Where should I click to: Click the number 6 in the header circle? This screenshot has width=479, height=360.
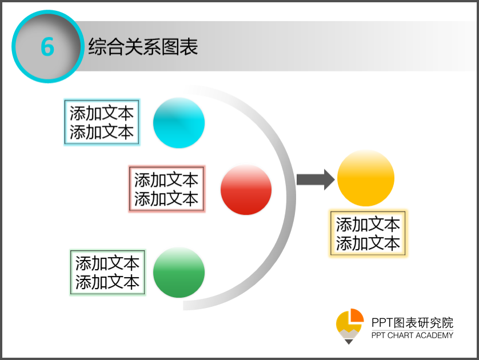47,47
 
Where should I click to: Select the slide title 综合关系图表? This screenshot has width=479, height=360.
143,47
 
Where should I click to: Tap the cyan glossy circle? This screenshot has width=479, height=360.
179,123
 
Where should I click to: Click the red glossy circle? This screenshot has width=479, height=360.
246,190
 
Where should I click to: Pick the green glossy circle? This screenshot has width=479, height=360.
179,273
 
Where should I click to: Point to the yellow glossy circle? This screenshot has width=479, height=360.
366,178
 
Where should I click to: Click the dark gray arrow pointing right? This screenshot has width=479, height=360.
316,179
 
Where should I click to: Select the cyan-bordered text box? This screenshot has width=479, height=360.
102,122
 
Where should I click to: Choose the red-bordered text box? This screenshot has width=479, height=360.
166,189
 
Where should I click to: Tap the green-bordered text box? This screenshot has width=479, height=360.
107,273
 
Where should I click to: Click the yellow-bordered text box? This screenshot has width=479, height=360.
368,234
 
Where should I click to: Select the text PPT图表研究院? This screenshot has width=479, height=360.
412,323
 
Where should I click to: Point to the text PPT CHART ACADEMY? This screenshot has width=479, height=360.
412,335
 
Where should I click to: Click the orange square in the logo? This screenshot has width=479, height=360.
357,315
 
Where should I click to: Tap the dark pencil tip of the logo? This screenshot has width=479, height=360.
349,342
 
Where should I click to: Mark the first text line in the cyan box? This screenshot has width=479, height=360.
102,113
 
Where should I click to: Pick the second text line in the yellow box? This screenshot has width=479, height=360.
368,243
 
